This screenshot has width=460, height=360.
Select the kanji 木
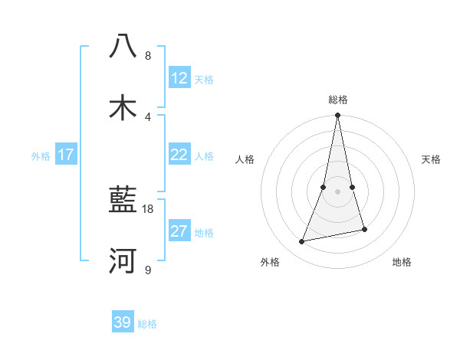tap(123, 107)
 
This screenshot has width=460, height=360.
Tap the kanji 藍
tap(123, 200)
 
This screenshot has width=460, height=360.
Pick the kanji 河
tap(123, 260)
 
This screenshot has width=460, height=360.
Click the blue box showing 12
tap(179, 78)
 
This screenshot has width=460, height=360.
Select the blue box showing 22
tap(179, 155)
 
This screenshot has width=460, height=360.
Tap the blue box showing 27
tap(179, 231)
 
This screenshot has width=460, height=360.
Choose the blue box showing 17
tap(66, 155)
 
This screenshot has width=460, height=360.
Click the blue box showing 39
tap(123, 322)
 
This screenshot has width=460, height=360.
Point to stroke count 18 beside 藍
tap(148, 208)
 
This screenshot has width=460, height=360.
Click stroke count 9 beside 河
tap(147, 270)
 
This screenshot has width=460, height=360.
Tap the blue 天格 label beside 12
tap(204, 80)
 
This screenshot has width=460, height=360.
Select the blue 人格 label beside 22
tap(204, 156)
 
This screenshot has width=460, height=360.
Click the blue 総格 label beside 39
tap(147, 324)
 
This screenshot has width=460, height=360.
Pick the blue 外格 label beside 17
tap(41, 156)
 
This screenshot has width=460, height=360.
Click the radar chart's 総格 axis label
tap(337, 100)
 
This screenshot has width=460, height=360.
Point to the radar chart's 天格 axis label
tap(431, 159)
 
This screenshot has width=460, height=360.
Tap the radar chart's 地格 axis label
tap(402, 262)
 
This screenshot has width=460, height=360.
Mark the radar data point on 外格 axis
tap(302, 242)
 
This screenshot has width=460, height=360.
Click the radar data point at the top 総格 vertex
tap(337, 116)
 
